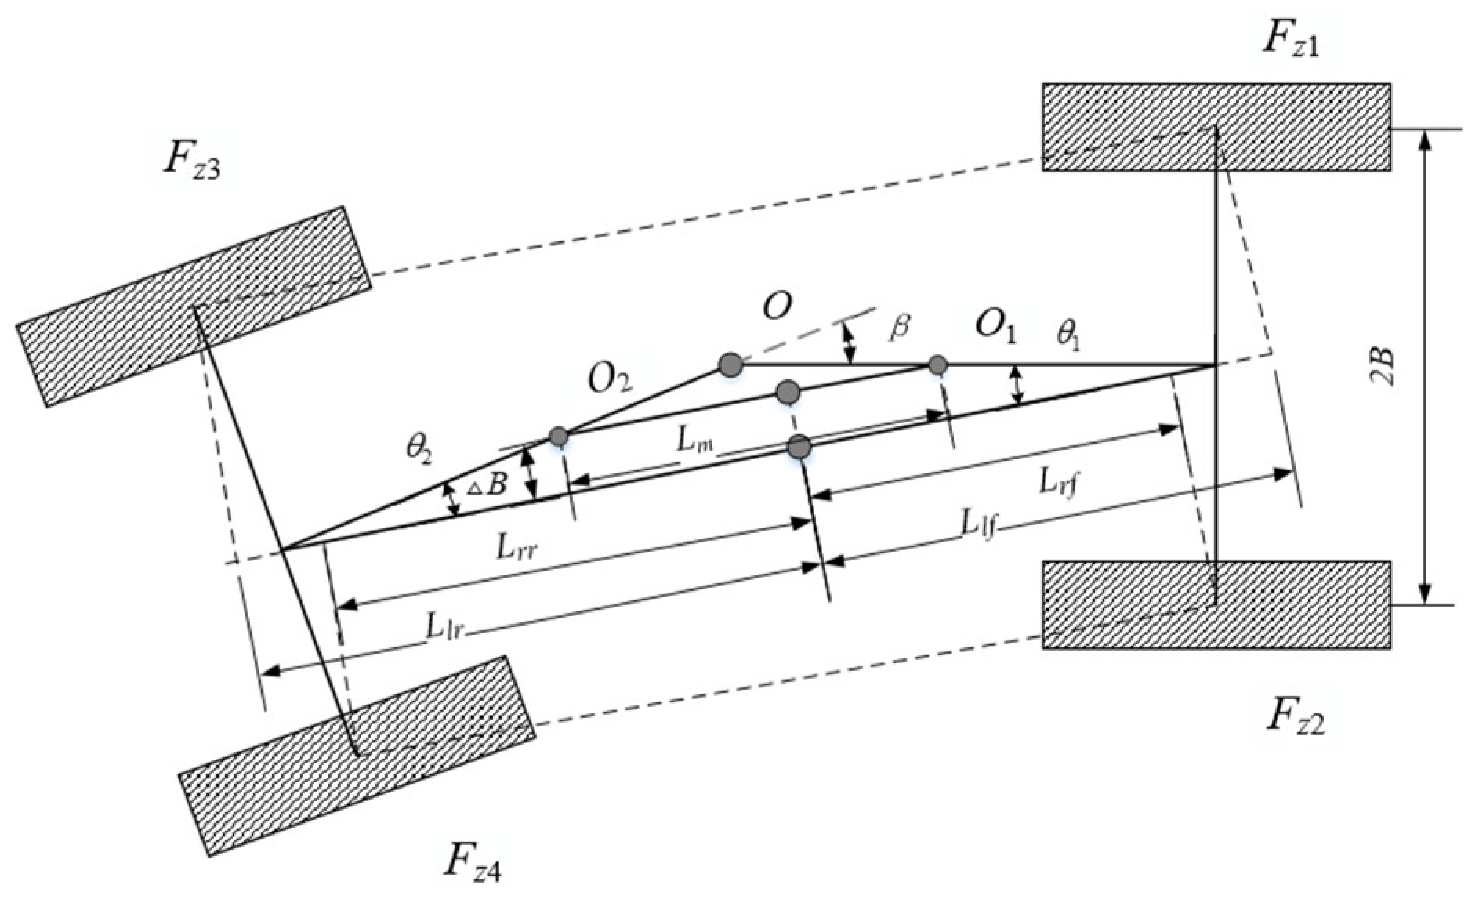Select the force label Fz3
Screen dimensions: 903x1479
[x=190, y=160]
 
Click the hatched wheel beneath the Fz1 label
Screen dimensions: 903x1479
[x=1216, y=126]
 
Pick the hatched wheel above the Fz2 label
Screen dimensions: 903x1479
[x=1216, y=604]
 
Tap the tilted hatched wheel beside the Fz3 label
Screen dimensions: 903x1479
[x=194, y=306]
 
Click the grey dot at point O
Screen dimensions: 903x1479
[x=730, y=364]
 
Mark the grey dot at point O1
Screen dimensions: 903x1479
[x=937, y=364]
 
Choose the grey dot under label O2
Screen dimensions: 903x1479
[x=558, y=436]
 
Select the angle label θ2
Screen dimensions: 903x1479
[x=419, y=448]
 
